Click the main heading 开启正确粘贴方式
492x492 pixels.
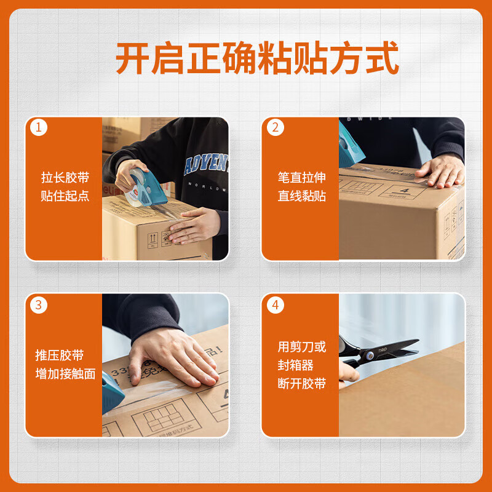click(x=258, y=58)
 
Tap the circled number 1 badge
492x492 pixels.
click(x=39, y=128)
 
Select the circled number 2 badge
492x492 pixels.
click(x=275, y=128)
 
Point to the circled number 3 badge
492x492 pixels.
click(x=39, y=304)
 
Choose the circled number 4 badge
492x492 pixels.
click(x=275, y=304)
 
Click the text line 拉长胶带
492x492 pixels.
click(x=65, y=178)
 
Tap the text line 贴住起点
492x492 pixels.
click(x=65, y=196)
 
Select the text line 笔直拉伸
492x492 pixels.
click(x=301, y=178)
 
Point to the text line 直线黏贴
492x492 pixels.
click(x=301, y=196)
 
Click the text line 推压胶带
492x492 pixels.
click(x=59, y=355)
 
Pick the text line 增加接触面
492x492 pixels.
click(x=65, y=374)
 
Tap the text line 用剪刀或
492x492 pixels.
click(x=301, y=347)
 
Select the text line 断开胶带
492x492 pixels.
click(x=301, y=384)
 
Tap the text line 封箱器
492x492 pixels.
click(x=295, y=365)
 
